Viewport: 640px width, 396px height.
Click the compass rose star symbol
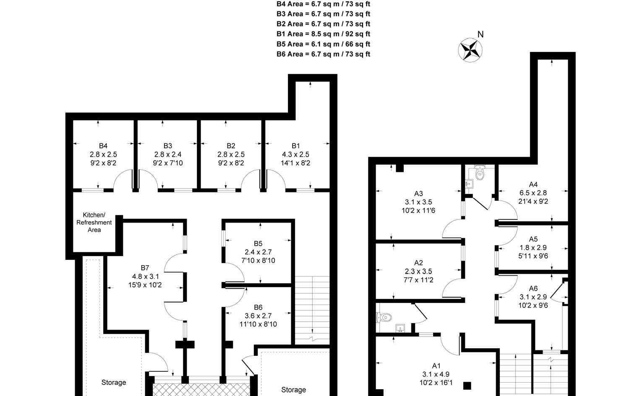[x=470, y=50]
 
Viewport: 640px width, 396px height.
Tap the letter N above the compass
[x=481, y=34]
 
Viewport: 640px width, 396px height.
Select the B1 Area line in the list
[x=323, y=34]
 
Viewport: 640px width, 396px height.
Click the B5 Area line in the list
[x=323, y=44]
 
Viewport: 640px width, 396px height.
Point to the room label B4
[x=103, y=146]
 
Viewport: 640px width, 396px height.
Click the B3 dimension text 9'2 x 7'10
[x=168, y=163]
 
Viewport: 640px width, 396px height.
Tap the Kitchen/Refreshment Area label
[x=94, y=222]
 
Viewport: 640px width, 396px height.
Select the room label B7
[x=145, y=268]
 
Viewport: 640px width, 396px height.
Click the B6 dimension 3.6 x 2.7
[x=258, y=316]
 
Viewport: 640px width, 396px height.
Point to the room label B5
[x=258, y=243]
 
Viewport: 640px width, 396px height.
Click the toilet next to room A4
[x=480, y=172]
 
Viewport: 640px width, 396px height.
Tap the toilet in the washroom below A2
[x=384, y=317]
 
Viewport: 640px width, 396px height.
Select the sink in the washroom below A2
[x=400, y=329]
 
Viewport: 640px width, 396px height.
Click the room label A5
[x=533, y=239]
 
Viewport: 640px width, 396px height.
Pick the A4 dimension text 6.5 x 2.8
[x=533, y=193]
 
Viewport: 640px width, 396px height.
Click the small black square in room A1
[x=467, y=386]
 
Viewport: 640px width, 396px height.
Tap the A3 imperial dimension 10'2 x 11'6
[x=418, y=210]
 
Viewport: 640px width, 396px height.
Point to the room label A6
[x=533, y=288]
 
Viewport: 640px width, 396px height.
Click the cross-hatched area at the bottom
[x=201, y=390]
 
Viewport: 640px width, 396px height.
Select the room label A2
[x=418, y=262]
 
